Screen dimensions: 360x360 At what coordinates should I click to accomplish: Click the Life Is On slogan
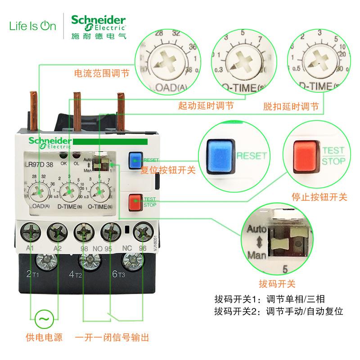point(33,26)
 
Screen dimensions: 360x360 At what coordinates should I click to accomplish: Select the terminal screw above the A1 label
point(30,233)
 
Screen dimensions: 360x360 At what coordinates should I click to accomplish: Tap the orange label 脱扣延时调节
point(291,107)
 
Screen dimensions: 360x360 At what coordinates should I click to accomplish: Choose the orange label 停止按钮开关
point(319,197)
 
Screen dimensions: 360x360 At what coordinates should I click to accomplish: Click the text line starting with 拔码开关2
point(279,311)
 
